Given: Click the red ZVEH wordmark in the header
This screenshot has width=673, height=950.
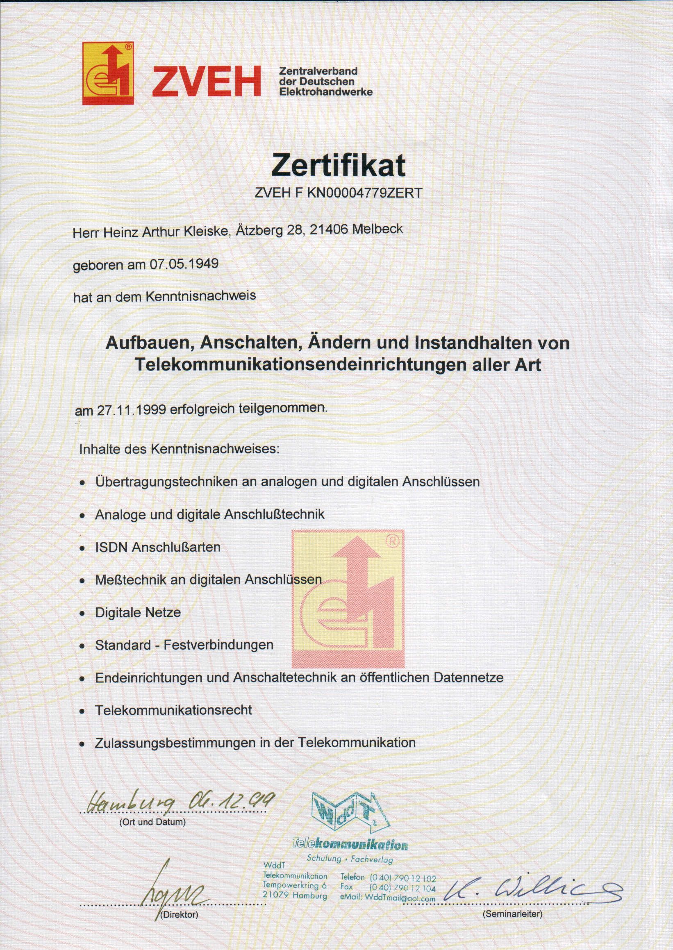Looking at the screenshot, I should [206, 82].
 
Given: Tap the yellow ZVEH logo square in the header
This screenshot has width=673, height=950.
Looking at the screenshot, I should [108, 73].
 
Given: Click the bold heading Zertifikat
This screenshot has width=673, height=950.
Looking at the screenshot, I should [338, 165].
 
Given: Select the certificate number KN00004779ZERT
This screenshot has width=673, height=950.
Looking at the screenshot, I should [364, 193].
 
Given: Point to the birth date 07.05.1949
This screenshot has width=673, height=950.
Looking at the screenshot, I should [184, 264].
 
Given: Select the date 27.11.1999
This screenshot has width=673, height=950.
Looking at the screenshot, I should [132, 409].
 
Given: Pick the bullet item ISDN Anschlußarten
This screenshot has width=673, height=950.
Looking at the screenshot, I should [157, 547].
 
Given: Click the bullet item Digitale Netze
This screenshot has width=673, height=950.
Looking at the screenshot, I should [138, 612].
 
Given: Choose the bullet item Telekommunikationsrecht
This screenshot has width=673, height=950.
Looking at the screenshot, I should [173, 710].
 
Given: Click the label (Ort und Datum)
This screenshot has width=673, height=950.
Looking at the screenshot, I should [152, 822].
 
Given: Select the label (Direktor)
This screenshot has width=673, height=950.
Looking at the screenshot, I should [179, 915].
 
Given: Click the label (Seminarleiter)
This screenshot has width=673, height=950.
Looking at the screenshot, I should [512, 914].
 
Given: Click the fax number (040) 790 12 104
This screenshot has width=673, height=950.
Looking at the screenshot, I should [402, 888].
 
